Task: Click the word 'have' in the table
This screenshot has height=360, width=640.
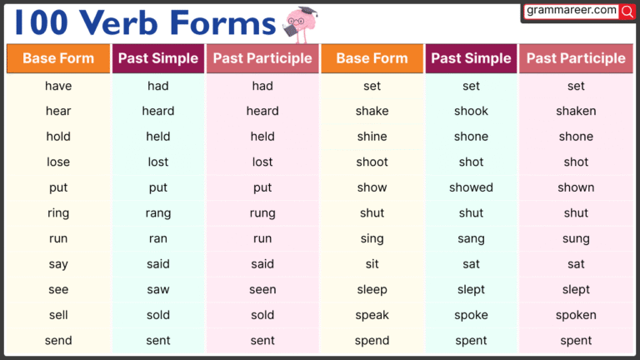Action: (58, 86)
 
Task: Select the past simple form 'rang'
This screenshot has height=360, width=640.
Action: (158, 213)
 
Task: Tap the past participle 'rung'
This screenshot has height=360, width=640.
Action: (262, 213)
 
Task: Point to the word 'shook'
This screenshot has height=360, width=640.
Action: (471, 111)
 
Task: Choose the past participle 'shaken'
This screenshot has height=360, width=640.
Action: (576, 111)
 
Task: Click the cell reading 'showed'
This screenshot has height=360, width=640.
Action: (471, 187)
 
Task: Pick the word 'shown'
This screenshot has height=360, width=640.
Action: (576, 187)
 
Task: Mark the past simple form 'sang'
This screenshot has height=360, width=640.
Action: (471, 238)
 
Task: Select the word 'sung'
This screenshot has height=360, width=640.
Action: (576, 238)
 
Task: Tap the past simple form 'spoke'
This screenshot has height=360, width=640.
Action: (471, 315)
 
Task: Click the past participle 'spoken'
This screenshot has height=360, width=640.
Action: (576, 315)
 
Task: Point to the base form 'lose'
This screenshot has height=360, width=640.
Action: (58, 162)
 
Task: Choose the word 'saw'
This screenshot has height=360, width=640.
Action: (158, 289)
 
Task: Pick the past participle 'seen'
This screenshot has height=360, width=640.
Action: (262, 289)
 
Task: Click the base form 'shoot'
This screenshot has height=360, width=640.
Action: (372, 162)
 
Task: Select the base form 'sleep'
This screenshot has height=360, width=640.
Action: (372, 289)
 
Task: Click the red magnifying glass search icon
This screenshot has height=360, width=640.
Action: (627, 12)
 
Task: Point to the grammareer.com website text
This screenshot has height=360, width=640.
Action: (572, 11)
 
